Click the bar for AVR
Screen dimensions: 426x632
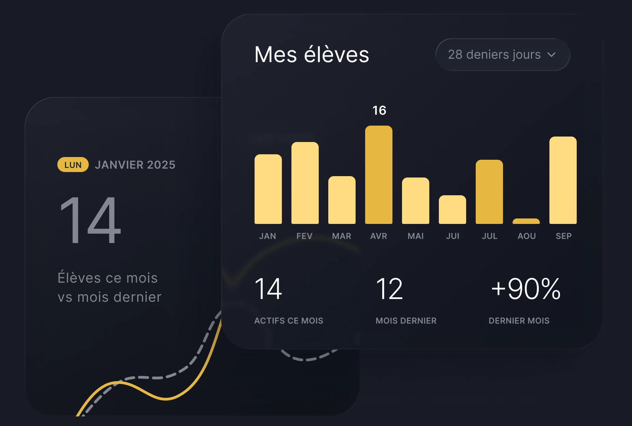[x=379, y=175]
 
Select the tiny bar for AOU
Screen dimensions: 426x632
[x=526, y=221]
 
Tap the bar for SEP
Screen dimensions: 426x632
[x=563, y=180]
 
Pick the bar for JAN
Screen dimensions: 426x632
[x=268, y=189]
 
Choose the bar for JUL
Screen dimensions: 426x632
[x=489, y=192]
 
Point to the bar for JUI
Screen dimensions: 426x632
[x=453, y=210]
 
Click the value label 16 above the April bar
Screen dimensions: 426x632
[x=379, y=110]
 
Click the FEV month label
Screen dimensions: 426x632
[x=304, y=236]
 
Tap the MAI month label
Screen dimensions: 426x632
[x=416, y=236]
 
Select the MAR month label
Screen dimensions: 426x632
[x=342, y=236]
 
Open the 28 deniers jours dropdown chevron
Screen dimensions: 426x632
[x=551, y=55]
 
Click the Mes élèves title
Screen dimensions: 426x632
[x=312, y=55]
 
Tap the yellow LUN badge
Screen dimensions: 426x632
[x=73, y=165]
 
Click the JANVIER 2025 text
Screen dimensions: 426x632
[x=135, y=165]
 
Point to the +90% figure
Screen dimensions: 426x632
[x=526, y=289]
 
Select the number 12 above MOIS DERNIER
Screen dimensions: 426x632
[x=389, y=289]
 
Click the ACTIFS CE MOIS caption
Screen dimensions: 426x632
[x=289, y=321]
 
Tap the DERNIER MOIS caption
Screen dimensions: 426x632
[x=519, y=321]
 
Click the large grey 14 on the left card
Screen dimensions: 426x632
[x=90, y=220]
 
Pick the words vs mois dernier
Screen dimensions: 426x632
[x=110, y=297]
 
